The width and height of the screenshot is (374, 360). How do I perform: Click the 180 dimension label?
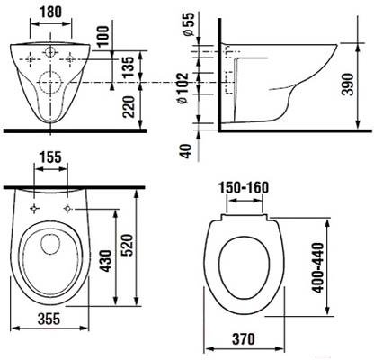[50, 12]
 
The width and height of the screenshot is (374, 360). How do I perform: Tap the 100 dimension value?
[103, 36]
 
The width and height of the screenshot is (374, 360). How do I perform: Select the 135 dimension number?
[129, 67]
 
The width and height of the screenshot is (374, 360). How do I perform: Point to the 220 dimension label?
[129, 107]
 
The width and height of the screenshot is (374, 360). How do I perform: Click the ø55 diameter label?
[189, 24]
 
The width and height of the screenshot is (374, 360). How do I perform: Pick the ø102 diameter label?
[183, 88]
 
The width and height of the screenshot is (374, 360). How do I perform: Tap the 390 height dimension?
[348, 84]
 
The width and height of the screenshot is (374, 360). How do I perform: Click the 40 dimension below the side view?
[186, 151]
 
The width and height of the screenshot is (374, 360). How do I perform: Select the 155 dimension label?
[50, 157]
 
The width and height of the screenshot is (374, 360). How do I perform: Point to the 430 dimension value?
[105, 261]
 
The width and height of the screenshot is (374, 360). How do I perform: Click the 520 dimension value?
[127, 246]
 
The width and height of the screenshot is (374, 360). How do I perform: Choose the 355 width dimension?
[49, 319]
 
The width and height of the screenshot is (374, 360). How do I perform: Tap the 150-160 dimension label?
[244, 187]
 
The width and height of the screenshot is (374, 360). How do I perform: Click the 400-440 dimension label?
[318, 268]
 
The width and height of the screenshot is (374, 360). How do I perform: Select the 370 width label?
[244, 339]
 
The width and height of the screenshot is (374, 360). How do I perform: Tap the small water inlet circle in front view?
[50, 52]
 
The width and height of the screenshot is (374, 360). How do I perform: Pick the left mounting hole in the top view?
[35, 208]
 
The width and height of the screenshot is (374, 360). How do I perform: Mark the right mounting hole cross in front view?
[70, 59]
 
